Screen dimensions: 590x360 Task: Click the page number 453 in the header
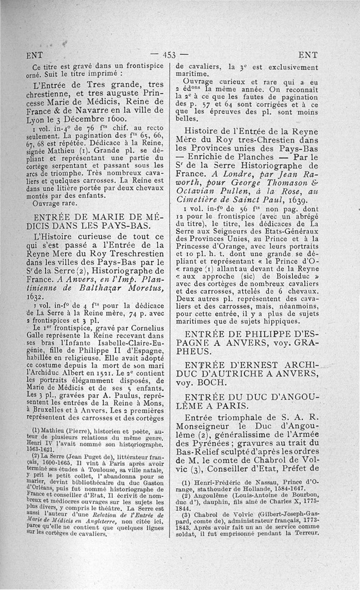coord(169,55)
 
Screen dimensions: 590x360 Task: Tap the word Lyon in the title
coord(37,121)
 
